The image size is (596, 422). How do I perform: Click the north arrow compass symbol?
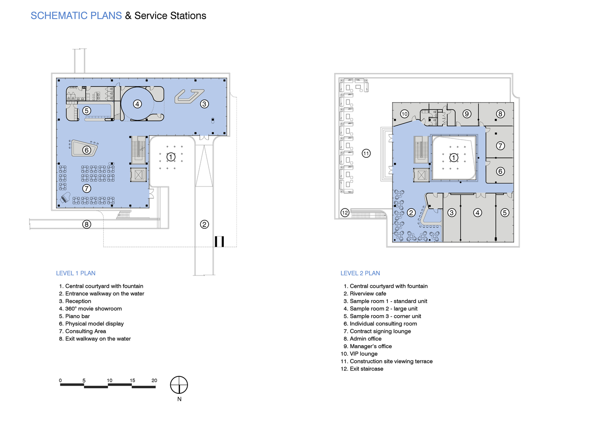click(179, 385)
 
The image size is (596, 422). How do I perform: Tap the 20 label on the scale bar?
click(154, 381)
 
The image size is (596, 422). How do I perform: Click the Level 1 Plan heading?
click(75, 273)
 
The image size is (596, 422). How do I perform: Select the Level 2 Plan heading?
click(360, 273)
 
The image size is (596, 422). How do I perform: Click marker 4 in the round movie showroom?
click(137, 104)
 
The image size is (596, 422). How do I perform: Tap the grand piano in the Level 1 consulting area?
click(65, 197)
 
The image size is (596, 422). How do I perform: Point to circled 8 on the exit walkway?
click(86, 225)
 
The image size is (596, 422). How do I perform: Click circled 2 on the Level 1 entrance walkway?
click(204, 225)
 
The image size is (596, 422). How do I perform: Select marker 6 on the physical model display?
click(86, 150)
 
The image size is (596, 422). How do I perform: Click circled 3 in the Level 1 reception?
click(204, 104)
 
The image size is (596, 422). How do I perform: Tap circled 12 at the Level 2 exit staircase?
click(345, 213)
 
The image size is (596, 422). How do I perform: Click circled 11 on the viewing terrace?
click(366, 153)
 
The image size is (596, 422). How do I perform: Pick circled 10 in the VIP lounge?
click(405, 114)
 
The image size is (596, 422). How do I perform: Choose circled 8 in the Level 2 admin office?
click(500, 114)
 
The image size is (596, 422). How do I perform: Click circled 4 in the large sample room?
click(478, 213)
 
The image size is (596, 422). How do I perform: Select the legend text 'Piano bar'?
click(78, 316)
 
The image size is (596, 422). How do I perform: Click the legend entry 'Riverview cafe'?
click(368, 294)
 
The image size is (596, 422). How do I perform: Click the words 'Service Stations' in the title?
click(170, 16)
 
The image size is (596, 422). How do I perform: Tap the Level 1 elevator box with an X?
click(138, 175)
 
